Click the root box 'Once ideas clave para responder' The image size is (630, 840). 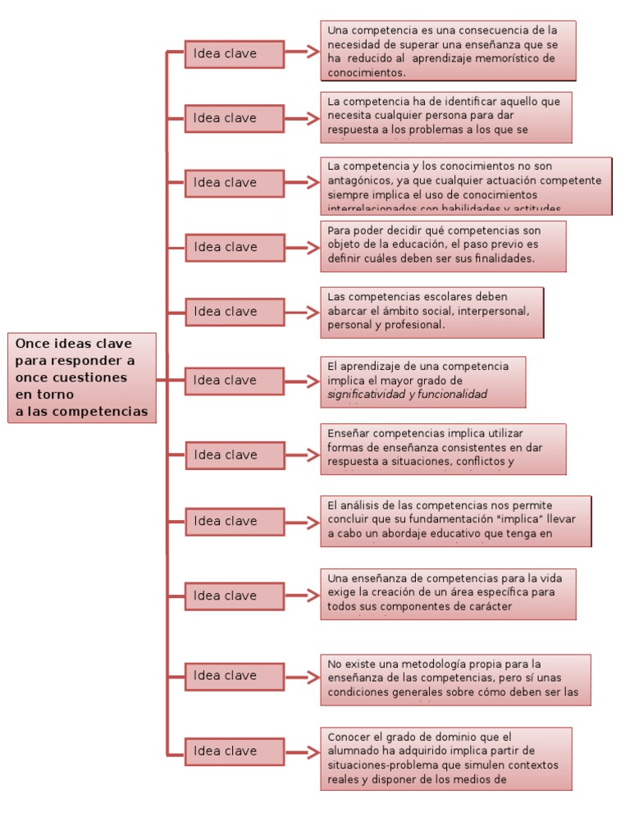coord(82,377)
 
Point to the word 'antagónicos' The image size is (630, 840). coord(358,180)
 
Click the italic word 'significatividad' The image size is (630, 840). coord(366,395)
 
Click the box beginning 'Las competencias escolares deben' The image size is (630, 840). coord(431,312)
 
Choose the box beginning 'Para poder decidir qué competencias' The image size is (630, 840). coord(443,246)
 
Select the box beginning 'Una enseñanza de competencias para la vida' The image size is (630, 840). coord(448,593)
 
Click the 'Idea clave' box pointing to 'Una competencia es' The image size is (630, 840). coord(234,54)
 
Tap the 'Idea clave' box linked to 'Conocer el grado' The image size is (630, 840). coord(234,751)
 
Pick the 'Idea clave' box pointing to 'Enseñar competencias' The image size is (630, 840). coord(234,455)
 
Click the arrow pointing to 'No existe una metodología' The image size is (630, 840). coord(303,677)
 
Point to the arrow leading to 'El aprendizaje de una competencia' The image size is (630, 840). coord(303,381)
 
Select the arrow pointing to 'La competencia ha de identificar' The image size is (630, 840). coord(303,118)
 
